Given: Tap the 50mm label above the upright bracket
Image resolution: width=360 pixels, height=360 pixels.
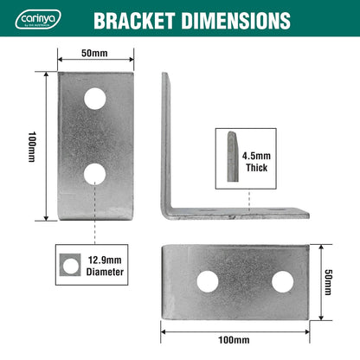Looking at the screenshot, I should (x=95, y=52).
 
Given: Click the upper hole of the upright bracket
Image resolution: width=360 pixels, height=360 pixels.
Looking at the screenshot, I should (x=95, y=99).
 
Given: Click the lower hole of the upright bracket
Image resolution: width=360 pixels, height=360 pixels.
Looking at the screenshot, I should (x=95, y=174).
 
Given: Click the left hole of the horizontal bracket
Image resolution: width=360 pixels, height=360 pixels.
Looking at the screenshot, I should (x=207, y=280).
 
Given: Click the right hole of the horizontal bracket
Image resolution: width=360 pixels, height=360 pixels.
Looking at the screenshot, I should (x=282, y=280).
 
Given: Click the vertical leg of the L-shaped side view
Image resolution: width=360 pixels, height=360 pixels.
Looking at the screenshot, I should (x=166, y=138).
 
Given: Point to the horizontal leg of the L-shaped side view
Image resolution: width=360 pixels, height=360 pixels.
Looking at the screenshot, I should (x=242, y=212).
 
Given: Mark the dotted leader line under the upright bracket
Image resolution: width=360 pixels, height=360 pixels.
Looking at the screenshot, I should (x=95, y=229).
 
